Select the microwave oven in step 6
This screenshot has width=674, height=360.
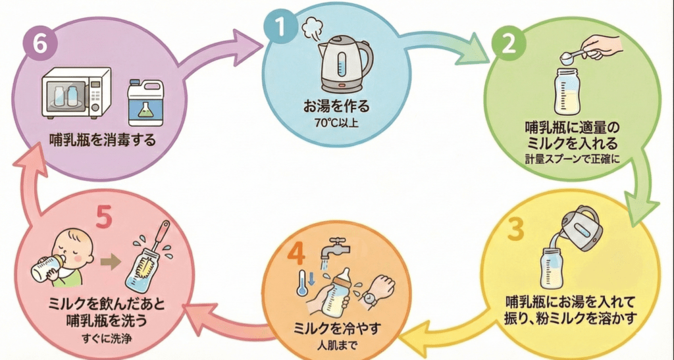pos(75,95)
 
